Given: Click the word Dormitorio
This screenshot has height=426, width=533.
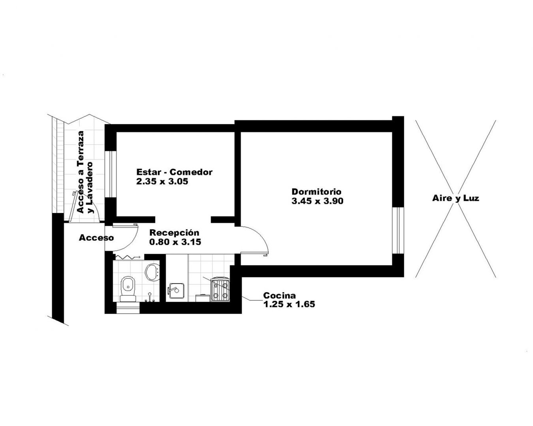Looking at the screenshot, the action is point(316,192).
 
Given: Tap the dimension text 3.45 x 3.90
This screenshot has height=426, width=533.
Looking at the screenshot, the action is point(317,201).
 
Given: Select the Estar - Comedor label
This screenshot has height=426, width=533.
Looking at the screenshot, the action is point(175,172).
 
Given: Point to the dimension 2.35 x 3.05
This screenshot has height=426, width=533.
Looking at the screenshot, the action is point(162,181).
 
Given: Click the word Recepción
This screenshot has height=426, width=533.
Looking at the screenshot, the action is point(175,233).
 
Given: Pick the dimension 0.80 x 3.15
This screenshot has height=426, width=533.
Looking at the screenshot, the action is point(175,242).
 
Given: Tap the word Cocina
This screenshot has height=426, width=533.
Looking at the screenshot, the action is point(280,295).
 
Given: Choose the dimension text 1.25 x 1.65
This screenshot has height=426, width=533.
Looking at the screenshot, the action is point(289,304).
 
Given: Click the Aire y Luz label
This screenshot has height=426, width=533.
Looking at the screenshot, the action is point(456,198).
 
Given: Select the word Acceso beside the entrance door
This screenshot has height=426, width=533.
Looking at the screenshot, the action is point(96,237).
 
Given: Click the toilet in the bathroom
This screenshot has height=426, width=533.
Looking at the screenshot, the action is point(128,289).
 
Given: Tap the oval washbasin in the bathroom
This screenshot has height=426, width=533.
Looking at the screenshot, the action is point(152,272).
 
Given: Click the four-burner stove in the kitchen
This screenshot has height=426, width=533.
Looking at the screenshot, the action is point(220,290).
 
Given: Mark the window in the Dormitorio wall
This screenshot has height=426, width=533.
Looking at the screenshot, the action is point(398,230).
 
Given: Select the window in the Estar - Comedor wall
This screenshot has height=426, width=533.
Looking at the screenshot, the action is point(111,174).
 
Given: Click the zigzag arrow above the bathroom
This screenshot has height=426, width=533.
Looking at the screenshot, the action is point(128,257).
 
